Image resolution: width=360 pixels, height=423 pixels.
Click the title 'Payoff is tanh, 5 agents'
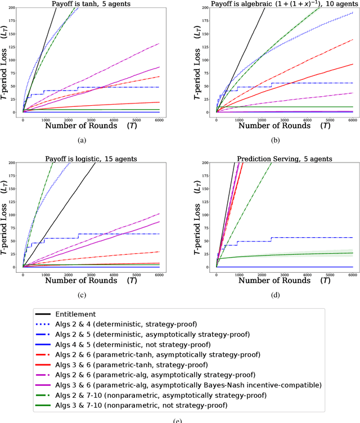pos(93,4)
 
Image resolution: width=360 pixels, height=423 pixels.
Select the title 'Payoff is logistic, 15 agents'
pos(93,159)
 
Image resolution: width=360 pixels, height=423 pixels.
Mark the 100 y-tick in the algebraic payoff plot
pos(206,60)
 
